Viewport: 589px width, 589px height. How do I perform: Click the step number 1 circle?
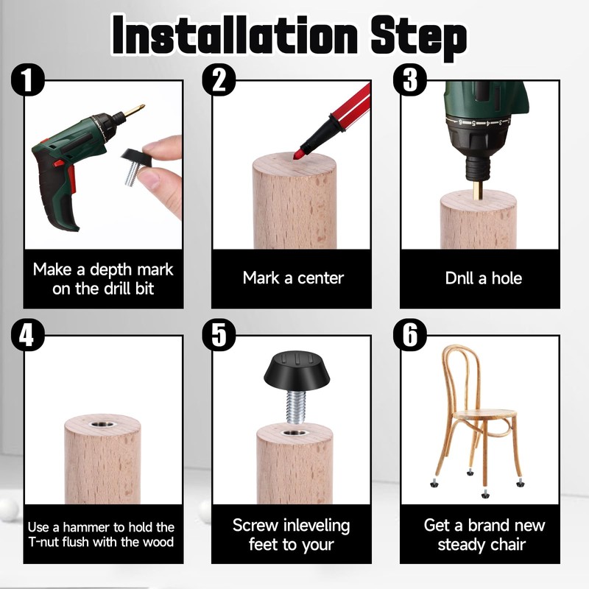[x=27, y=80]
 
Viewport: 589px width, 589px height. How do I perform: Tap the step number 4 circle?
[x=27, y=335]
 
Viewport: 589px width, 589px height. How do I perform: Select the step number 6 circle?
[x=410, y=335]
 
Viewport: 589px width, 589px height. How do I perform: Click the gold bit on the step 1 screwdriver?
[x=135, y=110]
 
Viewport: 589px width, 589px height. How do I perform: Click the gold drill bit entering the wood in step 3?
[x=477, y=190]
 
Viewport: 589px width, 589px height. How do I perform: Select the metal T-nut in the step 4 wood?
[x=103, y=426]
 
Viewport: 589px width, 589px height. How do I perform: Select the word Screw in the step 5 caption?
[x=255, y=525]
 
